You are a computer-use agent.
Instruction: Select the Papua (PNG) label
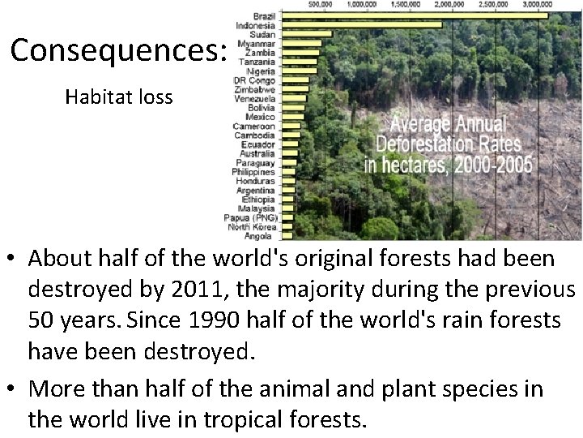tap(251, 217)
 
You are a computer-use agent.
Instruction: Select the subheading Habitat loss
tap(119, 98)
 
